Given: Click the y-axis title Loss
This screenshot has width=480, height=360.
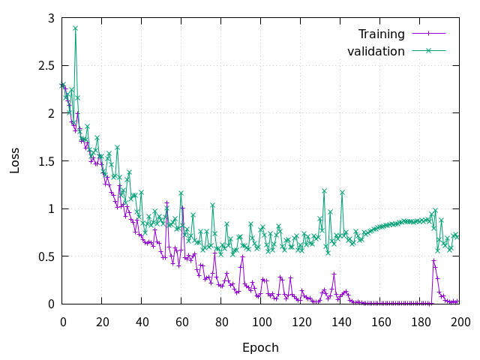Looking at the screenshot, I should click(15, 160).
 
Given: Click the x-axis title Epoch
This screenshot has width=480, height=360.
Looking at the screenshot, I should click(260, 348).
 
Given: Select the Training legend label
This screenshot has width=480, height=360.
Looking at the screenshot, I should click(381, 34).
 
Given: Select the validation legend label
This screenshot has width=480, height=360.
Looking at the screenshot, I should click(376, 51).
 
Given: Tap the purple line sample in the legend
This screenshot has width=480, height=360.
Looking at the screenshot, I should click(428, 34).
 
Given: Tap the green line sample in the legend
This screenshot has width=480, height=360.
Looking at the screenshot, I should click(428, 51).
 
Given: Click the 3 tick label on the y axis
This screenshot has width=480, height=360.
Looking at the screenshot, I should click(51, 18).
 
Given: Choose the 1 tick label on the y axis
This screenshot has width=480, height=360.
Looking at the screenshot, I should click(51, 208).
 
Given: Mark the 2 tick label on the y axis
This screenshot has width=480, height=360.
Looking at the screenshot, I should click(51, 113).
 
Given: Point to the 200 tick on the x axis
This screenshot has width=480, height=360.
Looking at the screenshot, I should click(460, 321).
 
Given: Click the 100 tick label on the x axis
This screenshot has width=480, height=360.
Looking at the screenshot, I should click(262, 321).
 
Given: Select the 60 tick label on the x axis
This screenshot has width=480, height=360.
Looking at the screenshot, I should click(182, 321).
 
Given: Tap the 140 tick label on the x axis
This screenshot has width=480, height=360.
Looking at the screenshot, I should click(341, 321).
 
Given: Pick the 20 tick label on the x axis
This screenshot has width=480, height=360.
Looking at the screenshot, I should click(103, 321).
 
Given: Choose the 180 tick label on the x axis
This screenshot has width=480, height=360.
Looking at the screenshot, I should click(421, 321).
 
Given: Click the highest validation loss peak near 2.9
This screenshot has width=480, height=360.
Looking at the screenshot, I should click(75, 28).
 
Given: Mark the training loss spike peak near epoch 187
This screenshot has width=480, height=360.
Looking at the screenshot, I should click(433, 260).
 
